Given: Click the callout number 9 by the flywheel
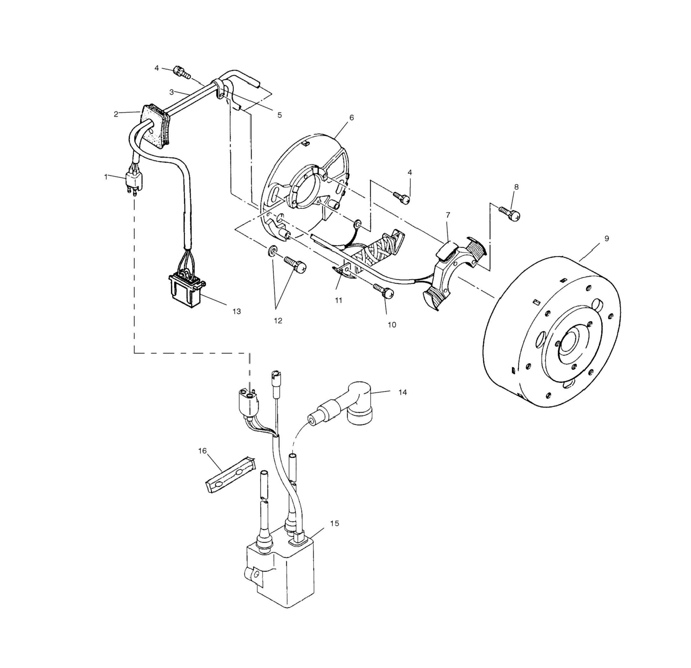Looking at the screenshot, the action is pos(606,239).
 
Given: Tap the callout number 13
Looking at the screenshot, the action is pos(236,311).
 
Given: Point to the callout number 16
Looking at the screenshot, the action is pos(203,451).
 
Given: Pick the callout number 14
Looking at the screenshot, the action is pos(403,392).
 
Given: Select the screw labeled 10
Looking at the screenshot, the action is pos(384,291).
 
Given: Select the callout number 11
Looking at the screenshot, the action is pos(338,300).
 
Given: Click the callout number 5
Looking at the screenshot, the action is pos(280,115).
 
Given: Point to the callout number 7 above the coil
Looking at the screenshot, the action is pos(448,215).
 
